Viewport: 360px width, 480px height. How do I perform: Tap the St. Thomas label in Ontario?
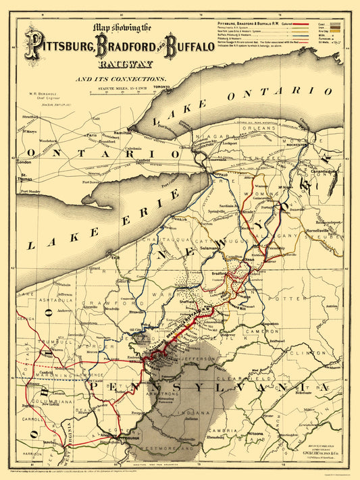pyautogui.click(x=28, y=178)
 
